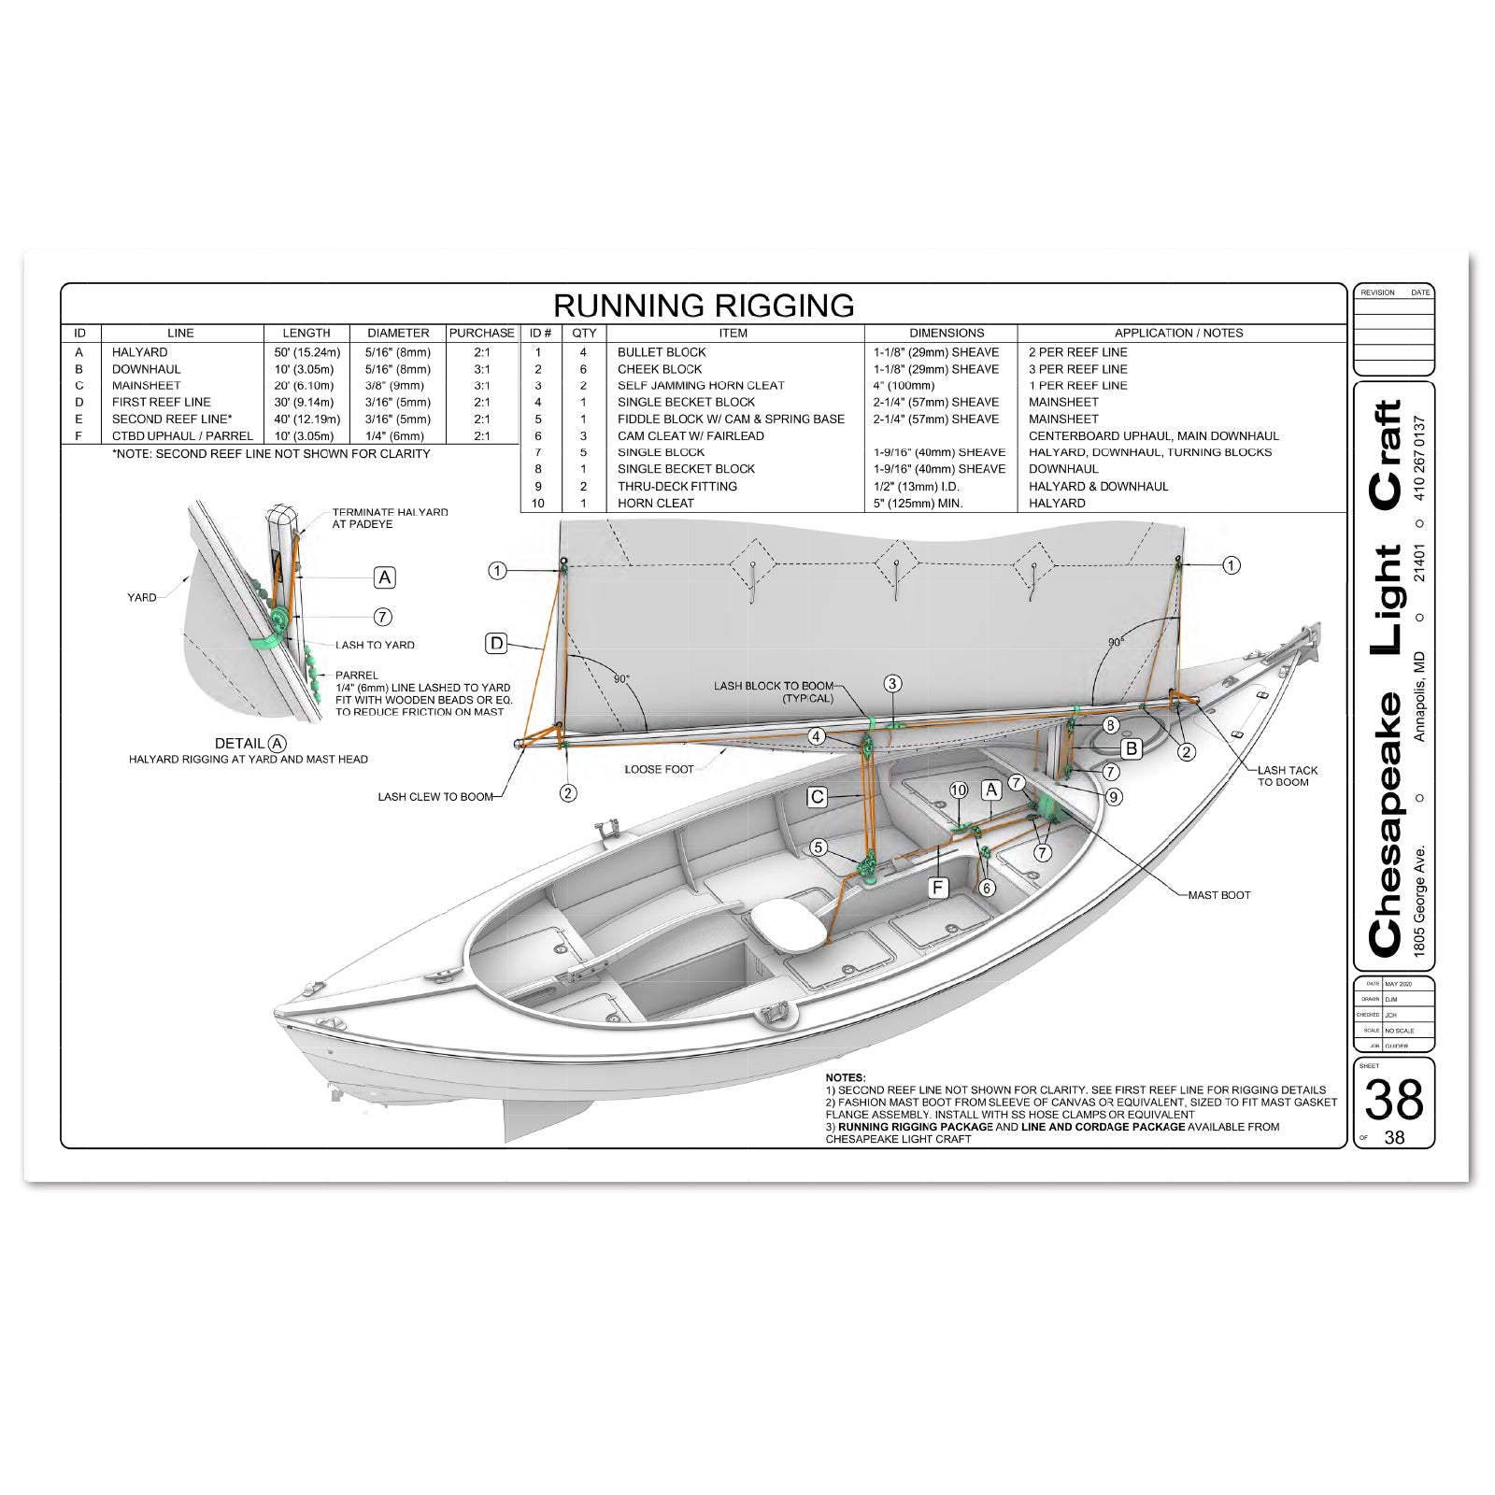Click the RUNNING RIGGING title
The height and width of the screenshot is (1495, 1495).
click(704, 306)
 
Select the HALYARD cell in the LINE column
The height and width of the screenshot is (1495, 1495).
click(140, 352)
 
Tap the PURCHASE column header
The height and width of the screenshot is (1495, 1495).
click(481, 333)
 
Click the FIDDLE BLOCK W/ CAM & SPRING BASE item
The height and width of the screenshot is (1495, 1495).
click(731, 419)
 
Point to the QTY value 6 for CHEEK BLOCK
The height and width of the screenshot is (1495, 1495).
click(583, 369)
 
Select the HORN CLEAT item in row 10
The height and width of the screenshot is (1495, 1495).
click(655, 503)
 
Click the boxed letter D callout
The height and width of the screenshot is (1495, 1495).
click(497, 643)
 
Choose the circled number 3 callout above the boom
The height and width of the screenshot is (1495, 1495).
click(892, 684)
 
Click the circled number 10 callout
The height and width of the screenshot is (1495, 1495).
click(959, 790)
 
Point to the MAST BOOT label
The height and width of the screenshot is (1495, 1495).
click(1218, 895)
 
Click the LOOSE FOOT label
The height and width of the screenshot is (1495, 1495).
click(659, 769)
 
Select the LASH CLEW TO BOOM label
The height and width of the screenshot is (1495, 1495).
click(434, 797)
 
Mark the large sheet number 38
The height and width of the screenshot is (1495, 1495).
click(1393, 1100)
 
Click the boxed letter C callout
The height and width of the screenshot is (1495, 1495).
click(818, 797)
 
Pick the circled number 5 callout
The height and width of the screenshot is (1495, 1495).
click(819, 847)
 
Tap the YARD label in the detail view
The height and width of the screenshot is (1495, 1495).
click(142, 597)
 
